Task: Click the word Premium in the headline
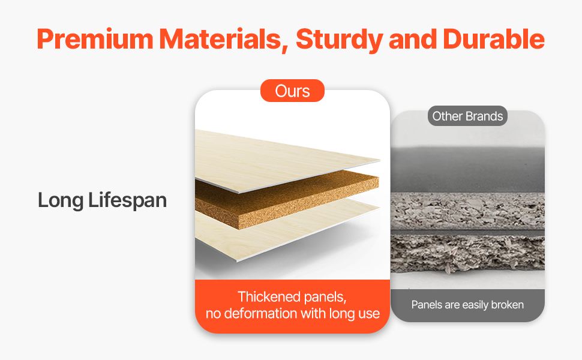click(95, 39)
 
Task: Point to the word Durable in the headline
click(494, 39)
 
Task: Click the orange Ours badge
click(292, 91)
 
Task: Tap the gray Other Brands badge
click(467, 116)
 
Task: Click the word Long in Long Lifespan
click(61, 201)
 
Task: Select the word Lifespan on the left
click(127, 201)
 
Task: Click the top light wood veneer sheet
click(282, 160)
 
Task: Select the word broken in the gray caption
click(508, 305)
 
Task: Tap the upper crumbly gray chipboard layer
click(467, 211)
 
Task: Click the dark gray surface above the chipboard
click(467, 169)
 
